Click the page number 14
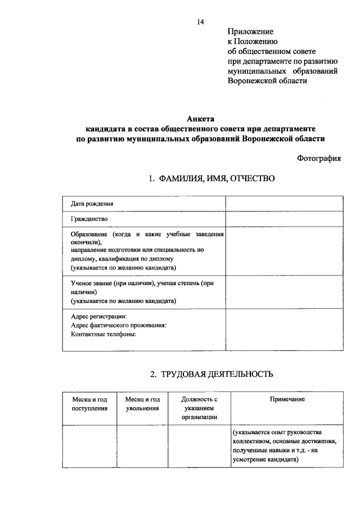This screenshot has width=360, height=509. click(200, 21)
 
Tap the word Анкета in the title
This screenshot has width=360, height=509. click(200, 119)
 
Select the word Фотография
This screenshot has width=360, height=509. click(319, 159)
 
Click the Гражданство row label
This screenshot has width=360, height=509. click(89, 219)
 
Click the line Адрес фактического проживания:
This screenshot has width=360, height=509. click(119, 325)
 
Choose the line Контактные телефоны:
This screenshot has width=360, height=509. click(104, 334)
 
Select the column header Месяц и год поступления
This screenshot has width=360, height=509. click(89, 403)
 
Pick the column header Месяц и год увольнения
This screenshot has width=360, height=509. click(142, 403)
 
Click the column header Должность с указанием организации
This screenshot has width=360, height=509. click(199, 408)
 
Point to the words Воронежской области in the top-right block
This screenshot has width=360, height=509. click(267, 80)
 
